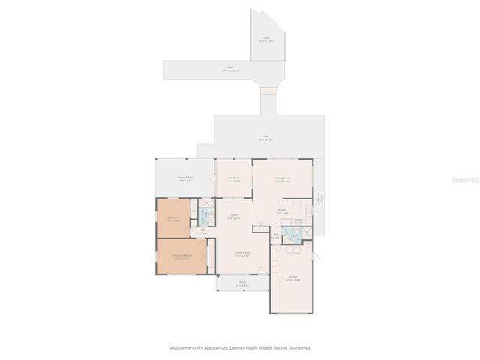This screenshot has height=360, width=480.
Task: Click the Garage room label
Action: point(293,277)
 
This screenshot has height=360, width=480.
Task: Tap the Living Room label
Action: point(242,253)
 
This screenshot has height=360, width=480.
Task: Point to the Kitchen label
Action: point(282,211)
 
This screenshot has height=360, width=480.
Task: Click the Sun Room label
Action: point(233,179)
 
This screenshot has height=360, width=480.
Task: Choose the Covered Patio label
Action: point(185,179)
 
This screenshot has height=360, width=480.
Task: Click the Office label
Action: point(234,217)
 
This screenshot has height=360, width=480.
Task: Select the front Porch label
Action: point(242,284)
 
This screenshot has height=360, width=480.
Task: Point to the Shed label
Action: point(265,38)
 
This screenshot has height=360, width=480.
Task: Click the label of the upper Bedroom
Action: point(172,218)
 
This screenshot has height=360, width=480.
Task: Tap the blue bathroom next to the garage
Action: point(295,236)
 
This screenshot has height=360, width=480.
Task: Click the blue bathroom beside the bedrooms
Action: point(204,215)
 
